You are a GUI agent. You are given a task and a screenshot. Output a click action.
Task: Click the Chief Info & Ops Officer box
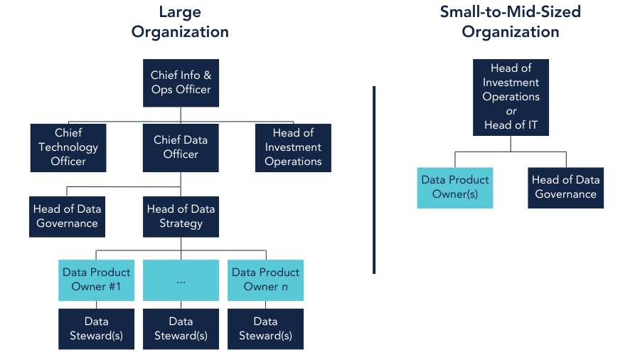point(181,83)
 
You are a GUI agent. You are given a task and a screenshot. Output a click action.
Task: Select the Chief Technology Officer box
point(68,147)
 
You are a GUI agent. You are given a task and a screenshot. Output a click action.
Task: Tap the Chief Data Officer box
point(181,147)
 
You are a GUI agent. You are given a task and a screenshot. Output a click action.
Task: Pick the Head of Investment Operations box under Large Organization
point(293,147)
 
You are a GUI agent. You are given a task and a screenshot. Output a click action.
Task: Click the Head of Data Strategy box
point(181,216)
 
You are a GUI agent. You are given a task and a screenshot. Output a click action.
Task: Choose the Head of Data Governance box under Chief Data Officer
point(68,216)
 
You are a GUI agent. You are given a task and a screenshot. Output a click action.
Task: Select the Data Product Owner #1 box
point(96,280)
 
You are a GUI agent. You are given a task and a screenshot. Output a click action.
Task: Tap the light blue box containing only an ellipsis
point(181,280)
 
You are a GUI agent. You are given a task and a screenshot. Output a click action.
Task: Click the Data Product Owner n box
point(265,280)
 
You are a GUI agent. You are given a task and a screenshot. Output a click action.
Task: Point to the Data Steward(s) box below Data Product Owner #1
point(96,329)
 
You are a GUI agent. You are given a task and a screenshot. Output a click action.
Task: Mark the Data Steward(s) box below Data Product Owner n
point(265,329)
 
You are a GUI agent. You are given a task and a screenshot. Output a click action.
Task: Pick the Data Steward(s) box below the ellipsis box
point(181,329)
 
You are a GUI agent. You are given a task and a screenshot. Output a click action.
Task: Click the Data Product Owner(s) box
point(455,187)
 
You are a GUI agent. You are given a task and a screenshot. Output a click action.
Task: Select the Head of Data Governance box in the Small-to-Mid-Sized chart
point(566,187)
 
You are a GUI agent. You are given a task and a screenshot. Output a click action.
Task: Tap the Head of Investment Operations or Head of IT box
point(511,97)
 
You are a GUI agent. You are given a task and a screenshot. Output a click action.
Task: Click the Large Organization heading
point(180,22)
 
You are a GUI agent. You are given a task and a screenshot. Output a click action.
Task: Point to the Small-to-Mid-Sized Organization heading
point(510,22)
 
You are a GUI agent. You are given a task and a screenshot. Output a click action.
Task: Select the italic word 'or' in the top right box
point(511,111)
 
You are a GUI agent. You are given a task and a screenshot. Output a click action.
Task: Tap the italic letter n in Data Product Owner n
point(284,287)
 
